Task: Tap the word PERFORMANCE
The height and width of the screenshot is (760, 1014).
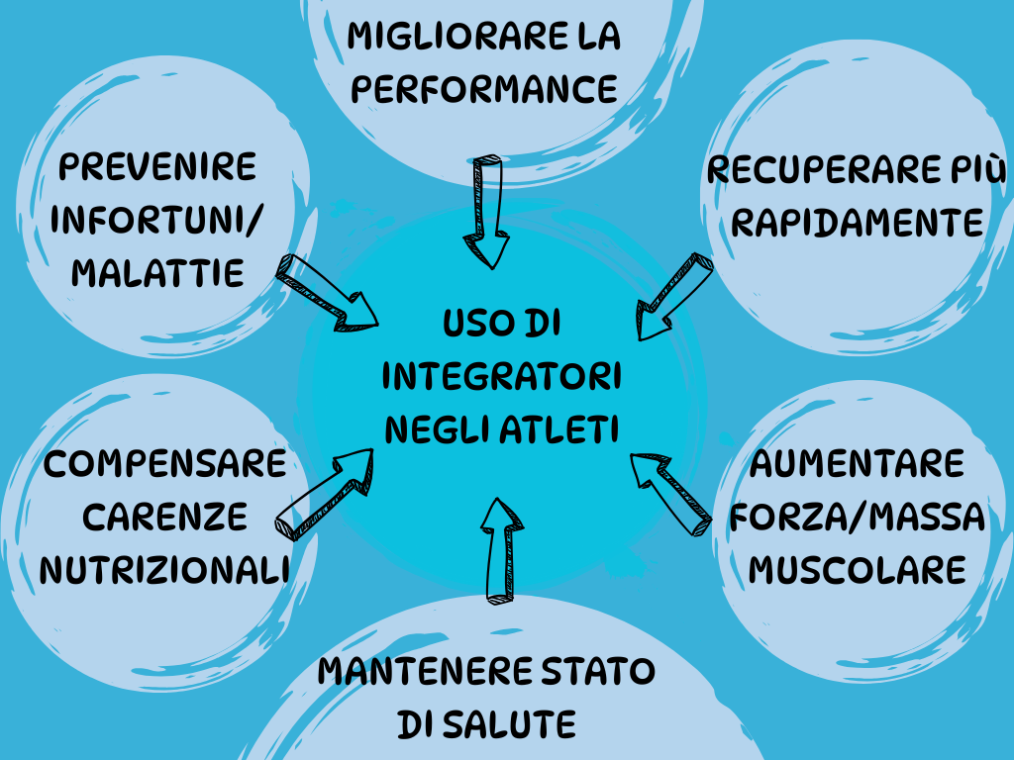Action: (485, 90)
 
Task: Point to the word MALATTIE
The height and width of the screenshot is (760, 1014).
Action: (158, 272)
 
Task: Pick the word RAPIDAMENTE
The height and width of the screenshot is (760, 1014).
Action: (858, 222)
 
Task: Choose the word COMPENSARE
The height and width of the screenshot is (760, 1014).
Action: (165, 462)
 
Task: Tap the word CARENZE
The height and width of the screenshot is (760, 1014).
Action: (165, 516)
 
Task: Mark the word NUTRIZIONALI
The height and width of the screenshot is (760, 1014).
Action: (164, 569)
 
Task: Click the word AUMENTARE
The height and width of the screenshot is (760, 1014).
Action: (858, 463)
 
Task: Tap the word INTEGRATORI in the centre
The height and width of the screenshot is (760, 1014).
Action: (501, 376)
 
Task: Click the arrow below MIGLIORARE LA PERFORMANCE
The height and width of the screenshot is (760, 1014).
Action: (486, 211)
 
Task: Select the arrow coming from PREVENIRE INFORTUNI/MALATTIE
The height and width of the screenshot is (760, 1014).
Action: (328, 292)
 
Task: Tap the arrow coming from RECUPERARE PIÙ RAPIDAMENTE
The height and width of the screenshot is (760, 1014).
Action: (672, 296)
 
